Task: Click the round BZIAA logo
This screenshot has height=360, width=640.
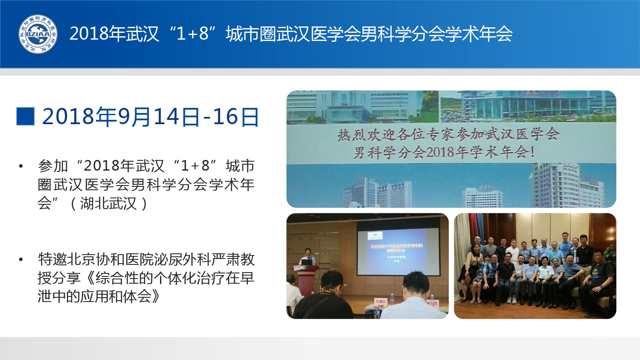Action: tap(38, 34)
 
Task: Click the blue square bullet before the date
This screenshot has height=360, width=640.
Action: tap(25, 116)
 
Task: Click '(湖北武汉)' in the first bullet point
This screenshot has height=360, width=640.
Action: tap(109, 203)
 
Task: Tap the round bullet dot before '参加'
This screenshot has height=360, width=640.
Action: tap(20, 166)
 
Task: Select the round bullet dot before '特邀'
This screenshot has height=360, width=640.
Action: tap(20, 260)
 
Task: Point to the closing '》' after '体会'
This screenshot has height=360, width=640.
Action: tap(156, 296)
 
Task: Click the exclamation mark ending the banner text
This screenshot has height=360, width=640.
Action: tap(532, 152)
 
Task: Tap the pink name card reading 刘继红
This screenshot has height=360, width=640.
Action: tap(380, 302)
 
